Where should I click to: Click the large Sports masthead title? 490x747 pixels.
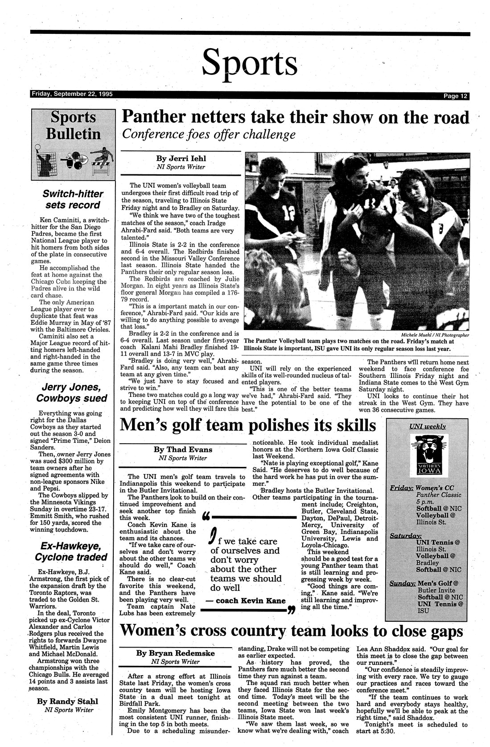click(250, 63)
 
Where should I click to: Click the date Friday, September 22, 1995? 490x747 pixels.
click(72, 94)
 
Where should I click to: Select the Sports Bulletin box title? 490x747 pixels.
click(73, 125)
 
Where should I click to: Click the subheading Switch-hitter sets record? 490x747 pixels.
click(72, 199)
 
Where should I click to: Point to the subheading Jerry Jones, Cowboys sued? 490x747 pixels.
click(72, 392)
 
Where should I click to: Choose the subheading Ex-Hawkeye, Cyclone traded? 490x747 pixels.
click(72, 551)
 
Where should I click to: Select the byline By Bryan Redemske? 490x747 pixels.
click(175, 653)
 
